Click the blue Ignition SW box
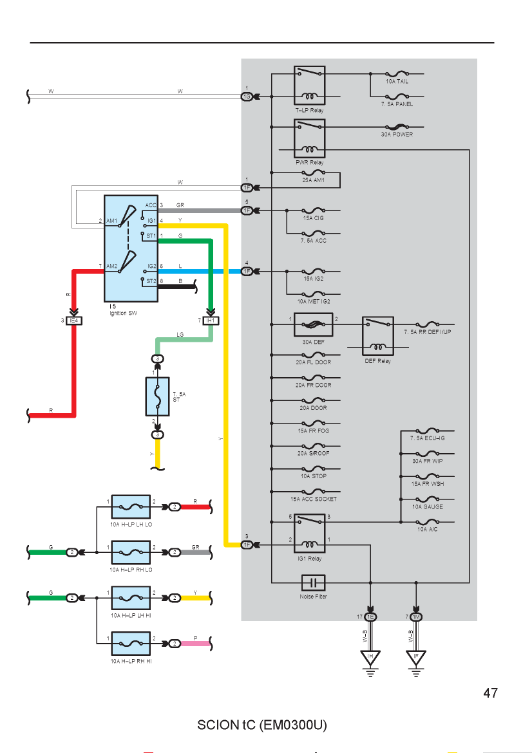[131, 248]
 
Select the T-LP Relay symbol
[310, 86]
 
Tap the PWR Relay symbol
[310, 138]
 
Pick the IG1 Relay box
[310, 534]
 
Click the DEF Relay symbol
[377, 336]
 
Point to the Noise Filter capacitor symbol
[313, 583]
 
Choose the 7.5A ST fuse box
[157, 396]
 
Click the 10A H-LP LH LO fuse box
[131, 507]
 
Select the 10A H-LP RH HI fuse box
[131, 644]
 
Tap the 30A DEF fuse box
[313, 324]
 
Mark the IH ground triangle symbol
[370, 658]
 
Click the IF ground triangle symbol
[416, 658]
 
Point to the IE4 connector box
[74, 321]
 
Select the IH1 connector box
[211, 321]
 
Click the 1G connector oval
[247, 97]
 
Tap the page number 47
[490, 693]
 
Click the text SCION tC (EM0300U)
[262, 725]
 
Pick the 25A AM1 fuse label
[313, 180]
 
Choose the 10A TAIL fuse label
[397, 81]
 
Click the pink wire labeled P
[196, 644]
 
